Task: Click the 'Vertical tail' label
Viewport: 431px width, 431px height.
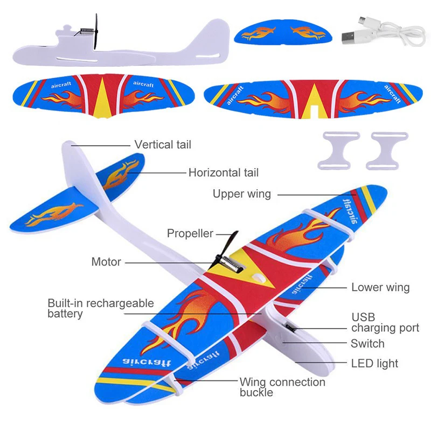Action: tap(163, 144)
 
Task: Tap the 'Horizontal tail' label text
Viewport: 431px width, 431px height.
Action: tap(223, 173)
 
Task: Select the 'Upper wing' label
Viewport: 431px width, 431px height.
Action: tap(241, 194)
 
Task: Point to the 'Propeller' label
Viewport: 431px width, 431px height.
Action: tap(190, 233)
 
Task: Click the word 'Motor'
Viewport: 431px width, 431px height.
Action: tap(106, 262)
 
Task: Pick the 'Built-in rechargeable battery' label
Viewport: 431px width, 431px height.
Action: tap(100, 308)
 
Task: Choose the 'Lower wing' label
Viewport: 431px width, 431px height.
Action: tap(380, 287)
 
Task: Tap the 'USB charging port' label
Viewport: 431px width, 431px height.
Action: tap(385, 322)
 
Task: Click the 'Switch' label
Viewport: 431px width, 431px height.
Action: tap(367, 344)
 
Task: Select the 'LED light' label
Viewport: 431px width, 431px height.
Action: tap(374, 364)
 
